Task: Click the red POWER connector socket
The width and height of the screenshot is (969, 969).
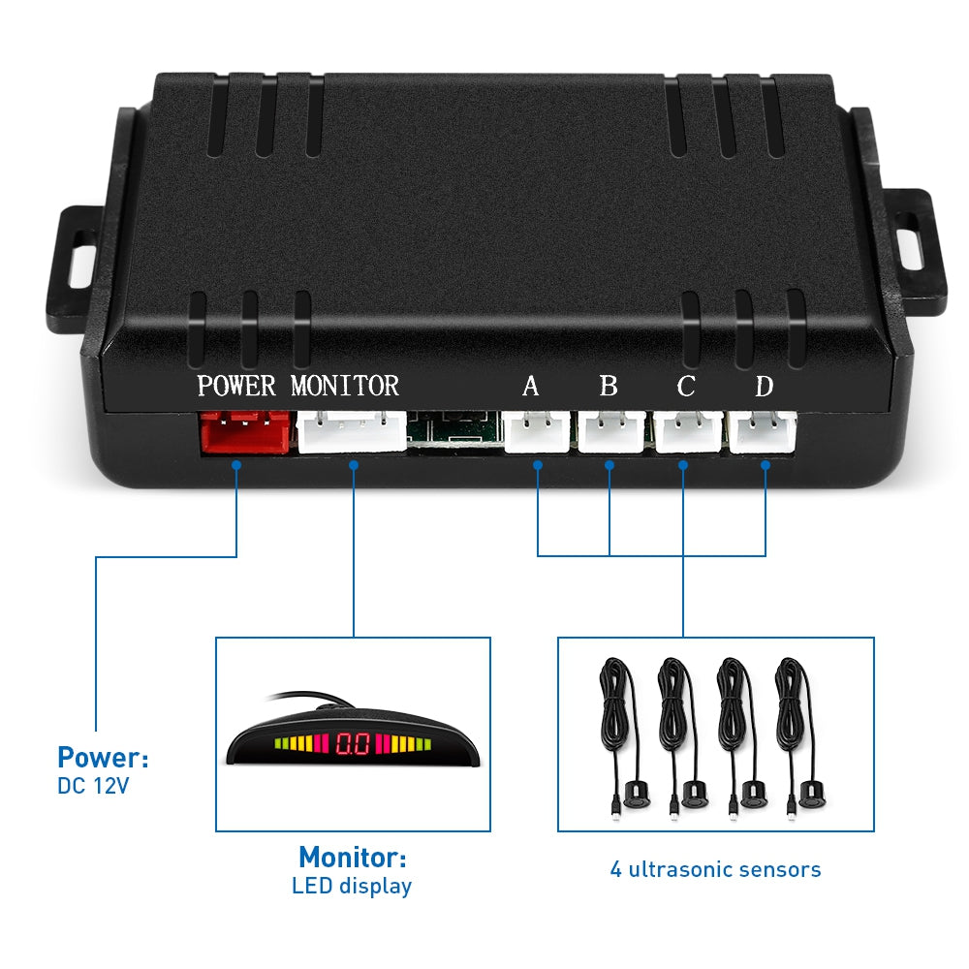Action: (x=244, y=432)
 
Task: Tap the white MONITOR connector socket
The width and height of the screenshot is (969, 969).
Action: (x=352, y=431)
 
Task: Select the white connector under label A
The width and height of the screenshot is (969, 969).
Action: (x=535, y=432)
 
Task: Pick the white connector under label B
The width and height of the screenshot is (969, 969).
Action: (x=611, y=432)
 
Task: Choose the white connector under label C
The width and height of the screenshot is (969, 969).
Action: (x=688, y=431)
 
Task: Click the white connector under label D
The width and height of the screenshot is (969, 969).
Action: (x=764, y=431)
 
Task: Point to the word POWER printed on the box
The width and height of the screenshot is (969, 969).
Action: (x=236, y=386)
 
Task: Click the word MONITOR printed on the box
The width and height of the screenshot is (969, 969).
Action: (x=345, y=386)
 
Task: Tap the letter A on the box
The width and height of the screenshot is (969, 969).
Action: (x=530, y=387)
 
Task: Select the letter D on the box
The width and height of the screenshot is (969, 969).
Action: (x=765, y=387)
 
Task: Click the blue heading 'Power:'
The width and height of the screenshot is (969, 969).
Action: (x=103, y=757)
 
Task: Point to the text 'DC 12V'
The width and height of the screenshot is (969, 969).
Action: (x=93, y=786)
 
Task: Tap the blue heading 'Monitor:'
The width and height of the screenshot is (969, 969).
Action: (x=352, y=857)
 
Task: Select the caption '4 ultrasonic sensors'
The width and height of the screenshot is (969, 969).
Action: (x=715, y=869)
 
